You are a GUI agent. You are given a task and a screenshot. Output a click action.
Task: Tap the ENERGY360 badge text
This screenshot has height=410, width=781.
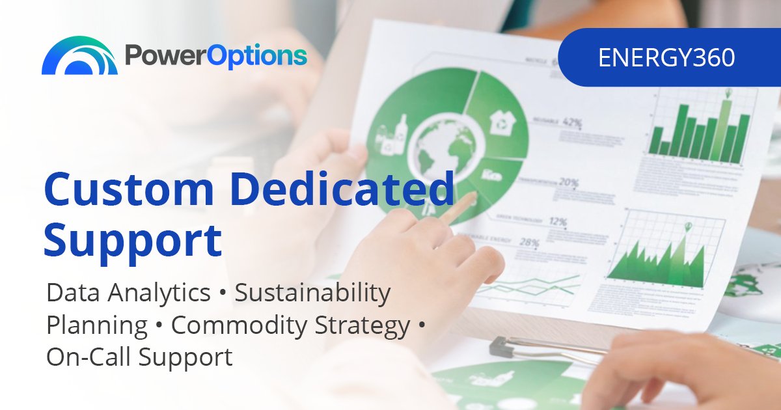point(666,58)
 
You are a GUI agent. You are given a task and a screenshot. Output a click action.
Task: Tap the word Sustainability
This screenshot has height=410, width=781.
point(312,294)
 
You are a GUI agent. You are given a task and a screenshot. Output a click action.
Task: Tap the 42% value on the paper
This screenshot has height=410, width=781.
point(572,121)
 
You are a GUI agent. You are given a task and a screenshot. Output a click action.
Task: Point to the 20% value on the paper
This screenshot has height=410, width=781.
point(568,183)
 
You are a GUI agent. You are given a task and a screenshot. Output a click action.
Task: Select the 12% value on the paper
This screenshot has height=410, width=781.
point(558,222)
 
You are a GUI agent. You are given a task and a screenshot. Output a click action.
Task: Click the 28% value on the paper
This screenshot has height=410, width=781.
point(529,243)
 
